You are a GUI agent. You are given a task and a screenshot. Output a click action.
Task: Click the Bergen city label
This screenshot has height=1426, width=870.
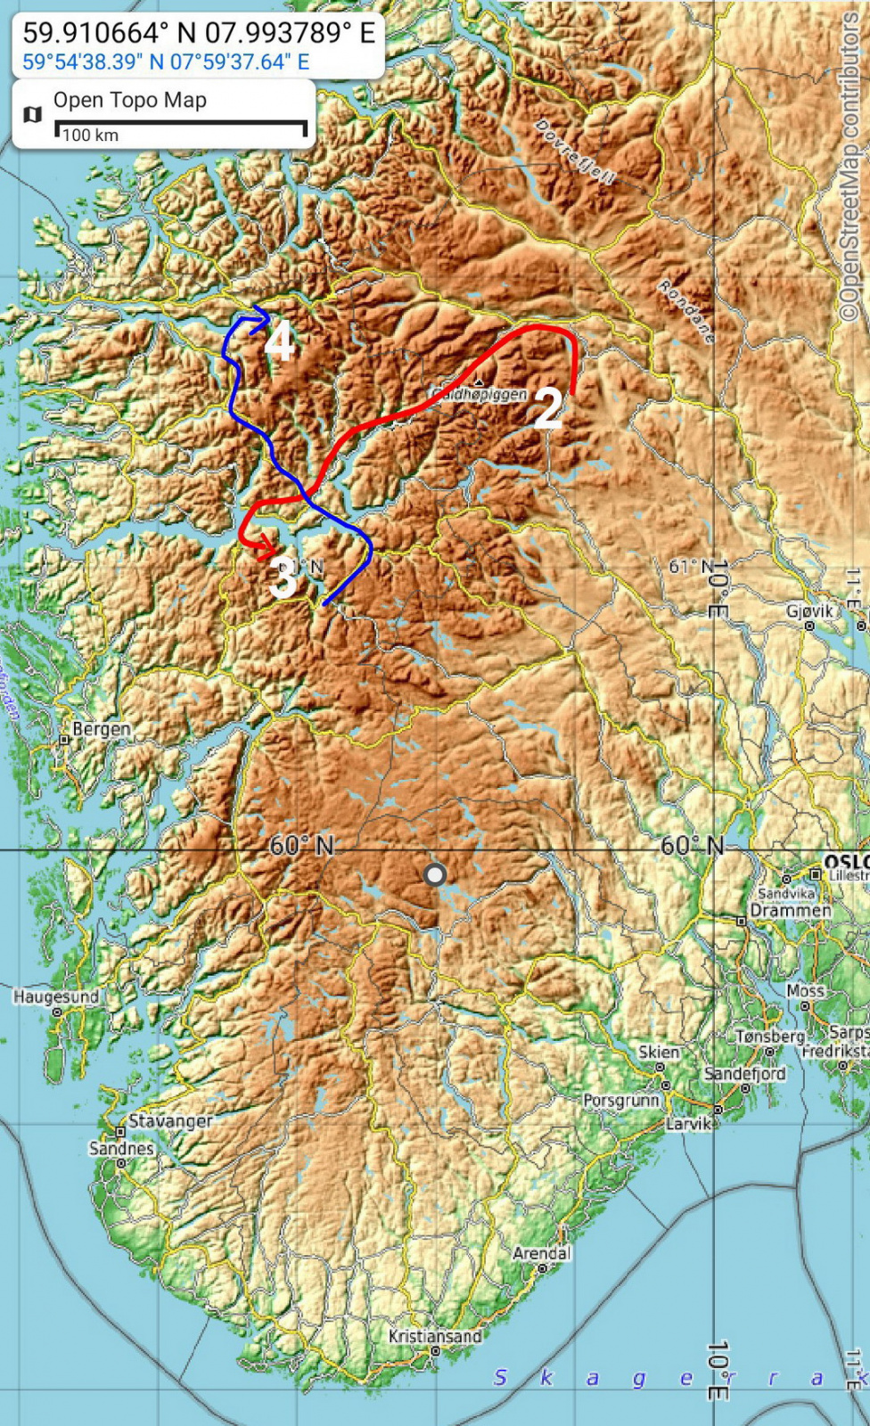tap(101, 729)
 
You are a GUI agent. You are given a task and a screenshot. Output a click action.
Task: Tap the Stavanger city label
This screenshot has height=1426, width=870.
tap(170, 1120)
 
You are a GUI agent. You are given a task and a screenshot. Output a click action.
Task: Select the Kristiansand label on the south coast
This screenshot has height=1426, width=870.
tap(435, 1336)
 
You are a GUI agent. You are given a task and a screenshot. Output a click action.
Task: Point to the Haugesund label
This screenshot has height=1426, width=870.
tap(55, 996)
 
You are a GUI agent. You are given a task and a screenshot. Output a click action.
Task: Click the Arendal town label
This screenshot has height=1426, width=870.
tap(541, 1253)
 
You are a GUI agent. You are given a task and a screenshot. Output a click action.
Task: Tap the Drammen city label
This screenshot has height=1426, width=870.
tap(790, 911)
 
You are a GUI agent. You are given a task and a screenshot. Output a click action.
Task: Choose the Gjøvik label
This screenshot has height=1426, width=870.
tap(809, 611)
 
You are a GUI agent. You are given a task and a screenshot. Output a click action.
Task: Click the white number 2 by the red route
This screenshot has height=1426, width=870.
tap(547, 408)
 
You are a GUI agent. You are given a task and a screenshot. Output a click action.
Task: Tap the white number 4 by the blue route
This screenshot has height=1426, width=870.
tap(279, 342)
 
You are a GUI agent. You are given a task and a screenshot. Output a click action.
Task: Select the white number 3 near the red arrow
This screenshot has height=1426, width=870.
tap(282, 579)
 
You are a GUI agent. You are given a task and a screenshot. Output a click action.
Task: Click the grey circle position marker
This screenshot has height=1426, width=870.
tap(435, 874)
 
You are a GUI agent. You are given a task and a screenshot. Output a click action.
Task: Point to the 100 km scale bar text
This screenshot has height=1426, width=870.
tap(90, 135)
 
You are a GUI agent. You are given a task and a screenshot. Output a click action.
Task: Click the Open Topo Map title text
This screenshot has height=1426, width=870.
tap(130, 100)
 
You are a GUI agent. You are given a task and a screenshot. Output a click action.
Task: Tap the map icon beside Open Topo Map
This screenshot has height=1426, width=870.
tap(33, 114)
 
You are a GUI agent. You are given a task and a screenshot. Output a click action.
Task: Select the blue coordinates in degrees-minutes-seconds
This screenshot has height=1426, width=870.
tap(166, 61)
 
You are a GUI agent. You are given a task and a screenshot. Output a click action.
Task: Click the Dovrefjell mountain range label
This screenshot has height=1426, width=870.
tap(575, 152)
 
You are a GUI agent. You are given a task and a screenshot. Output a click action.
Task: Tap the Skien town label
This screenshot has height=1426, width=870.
tap(659, 1053)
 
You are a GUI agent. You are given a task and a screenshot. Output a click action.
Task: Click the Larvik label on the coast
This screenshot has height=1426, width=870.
tap(688, 1123)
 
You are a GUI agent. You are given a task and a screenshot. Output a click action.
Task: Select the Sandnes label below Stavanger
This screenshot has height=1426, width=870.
tap(121, 1148)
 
